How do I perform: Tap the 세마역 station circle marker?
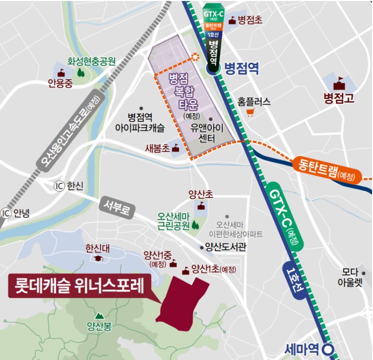(x=330, y=349)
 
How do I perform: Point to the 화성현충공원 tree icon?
(x=80, y=72)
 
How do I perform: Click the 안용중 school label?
(x=60, y=83)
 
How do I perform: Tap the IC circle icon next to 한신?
(x=59, y=186)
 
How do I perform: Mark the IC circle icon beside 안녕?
(x=6, y=213)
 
